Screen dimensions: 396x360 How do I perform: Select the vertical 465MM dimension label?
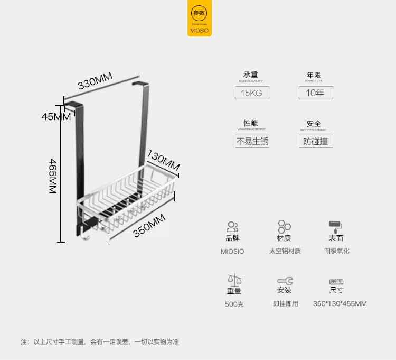point(52,177)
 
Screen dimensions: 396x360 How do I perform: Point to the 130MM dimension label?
point(163,161)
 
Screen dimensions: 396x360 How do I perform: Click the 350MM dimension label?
point(149,226)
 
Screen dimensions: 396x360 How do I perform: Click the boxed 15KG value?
point(252,93)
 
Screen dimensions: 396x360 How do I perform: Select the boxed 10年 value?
point(315,93)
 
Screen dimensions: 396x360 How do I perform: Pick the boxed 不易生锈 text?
point(252,142)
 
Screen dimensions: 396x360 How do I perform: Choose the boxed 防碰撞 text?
point(315,142)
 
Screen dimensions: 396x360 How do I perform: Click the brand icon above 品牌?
point(232,227)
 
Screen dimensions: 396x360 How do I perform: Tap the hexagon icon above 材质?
point(284,227)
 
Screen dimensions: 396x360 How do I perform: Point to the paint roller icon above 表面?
point(336,227)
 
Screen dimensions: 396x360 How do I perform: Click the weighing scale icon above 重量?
point(234,279)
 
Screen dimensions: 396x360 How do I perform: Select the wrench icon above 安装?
point(284,281)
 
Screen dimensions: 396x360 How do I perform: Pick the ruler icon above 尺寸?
point(336,281)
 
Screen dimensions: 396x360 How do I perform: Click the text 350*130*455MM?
point(340,304)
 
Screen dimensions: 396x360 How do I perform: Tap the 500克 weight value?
point(234,304)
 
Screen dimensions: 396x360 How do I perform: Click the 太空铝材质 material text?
point(285,251)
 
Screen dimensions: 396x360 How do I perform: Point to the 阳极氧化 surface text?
point(336,251)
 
